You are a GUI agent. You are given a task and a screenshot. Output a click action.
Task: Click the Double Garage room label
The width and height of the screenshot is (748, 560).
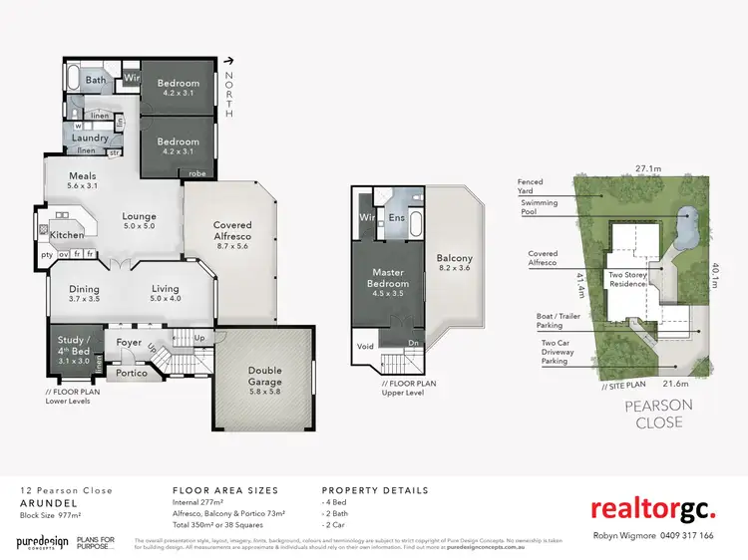tap(264, 376)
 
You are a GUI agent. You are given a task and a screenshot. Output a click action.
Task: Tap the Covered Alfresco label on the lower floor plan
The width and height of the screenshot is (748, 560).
tap(232, 231)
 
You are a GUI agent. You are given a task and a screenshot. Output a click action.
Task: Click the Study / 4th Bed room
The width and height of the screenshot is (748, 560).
tap(75, 345)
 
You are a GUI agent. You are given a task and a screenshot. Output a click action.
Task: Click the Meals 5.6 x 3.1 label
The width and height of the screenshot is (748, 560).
tap(83, 179)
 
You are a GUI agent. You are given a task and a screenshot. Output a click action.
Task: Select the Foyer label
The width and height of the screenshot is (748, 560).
tap(130, 342)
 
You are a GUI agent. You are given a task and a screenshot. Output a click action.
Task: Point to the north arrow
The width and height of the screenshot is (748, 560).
tap(229, 60)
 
